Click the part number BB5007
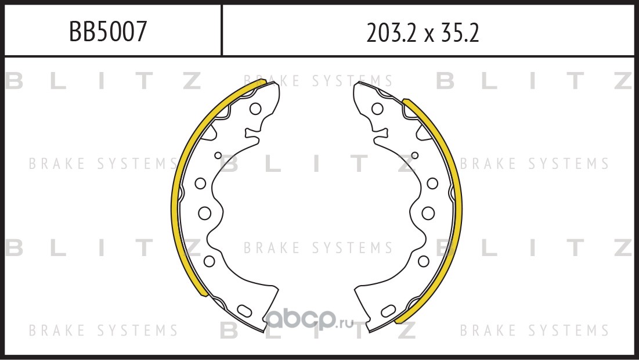pyautogui.click(x=107, y=31)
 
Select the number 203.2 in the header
pyautogui.click(x=392, y=33)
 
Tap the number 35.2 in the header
pyautogui.click(x=459, y=33)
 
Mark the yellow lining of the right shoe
pyautogui.click(x=457, y=196)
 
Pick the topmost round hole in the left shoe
pyautogui.click(x=255, y=109)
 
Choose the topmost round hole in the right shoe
pyautogui.click(x=377, y=109)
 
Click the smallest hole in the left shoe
pyautogui.click(x=218, y=156)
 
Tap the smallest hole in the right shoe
pyautogui.click(x=415, y=156)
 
